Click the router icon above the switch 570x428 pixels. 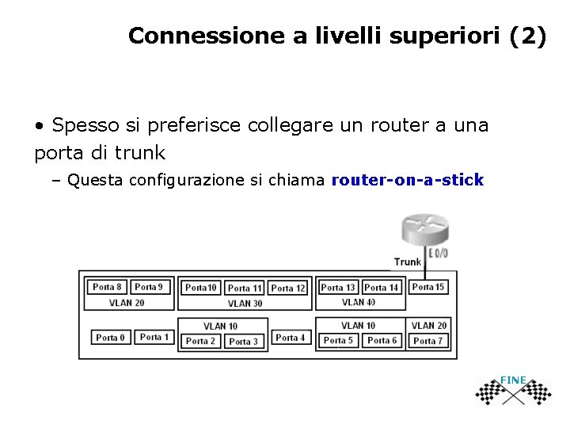point(424,231)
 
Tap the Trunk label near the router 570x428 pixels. point(408,262)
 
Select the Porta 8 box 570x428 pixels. point(108,287)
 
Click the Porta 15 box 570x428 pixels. point(428,287)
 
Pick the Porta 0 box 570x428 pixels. point(111,338)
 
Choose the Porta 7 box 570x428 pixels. point(428,341)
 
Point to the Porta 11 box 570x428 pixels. point(245,289)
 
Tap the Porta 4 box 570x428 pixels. point(291,338)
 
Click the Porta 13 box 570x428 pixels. point(338,288)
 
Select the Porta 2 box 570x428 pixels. point(200,342)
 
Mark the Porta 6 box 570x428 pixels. point(382,340)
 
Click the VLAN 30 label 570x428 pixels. point(245,304)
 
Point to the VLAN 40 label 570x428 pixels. point(359,302)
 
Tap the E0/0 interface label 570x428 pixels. point(438,253)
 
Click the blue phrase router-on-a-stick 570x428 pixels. point(407,180)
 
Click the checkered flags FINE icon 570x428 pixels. point(514,389)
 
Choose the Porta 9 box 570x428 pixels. point(149,287)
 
